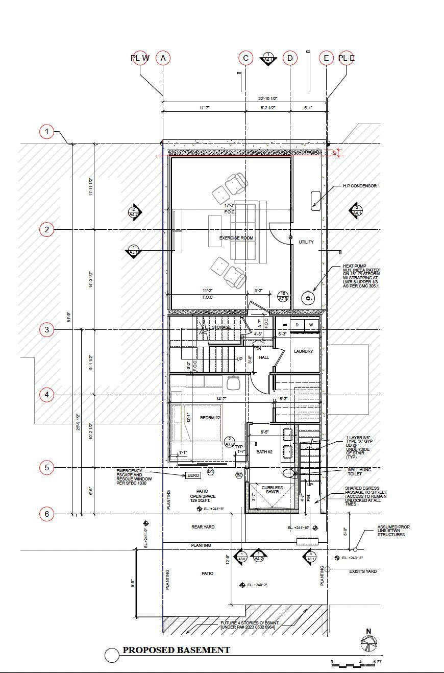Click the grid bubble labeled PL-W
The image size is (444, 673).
[x=140, y=58]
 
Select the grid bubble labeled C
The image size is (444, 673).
[x=245, y=58]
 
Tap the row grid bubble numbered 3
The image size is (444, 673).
[x=47, y=330]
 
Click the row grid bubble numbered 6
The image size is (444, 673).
[x=47, y=514]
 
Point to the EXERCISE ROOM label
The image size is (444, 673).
[x=236, y=238]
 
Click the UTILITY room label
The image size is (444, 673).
[x=306, y=242]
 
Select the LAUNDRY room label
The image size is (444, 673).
[x=303, y=351]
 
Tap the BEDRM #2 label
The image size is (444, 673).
[x=210, y=418]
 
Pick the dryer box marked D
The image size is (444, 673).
[x=297, y=325]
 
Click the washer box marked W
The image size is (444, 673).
[x=311, y=325]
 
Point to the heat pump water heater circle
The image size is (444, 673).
[x=308, y=298]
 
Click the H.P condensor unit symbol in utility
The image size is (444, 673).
[x=315, y=201]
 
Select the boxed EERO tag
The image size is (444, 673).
[x=193, y=475]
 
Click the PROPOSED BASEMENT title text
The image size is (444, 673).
[x=176, y=650]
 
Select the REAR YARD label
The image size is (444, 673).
[x=203, y=527]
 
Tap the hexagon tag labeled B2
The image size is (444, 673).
[x=239, y=475]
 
